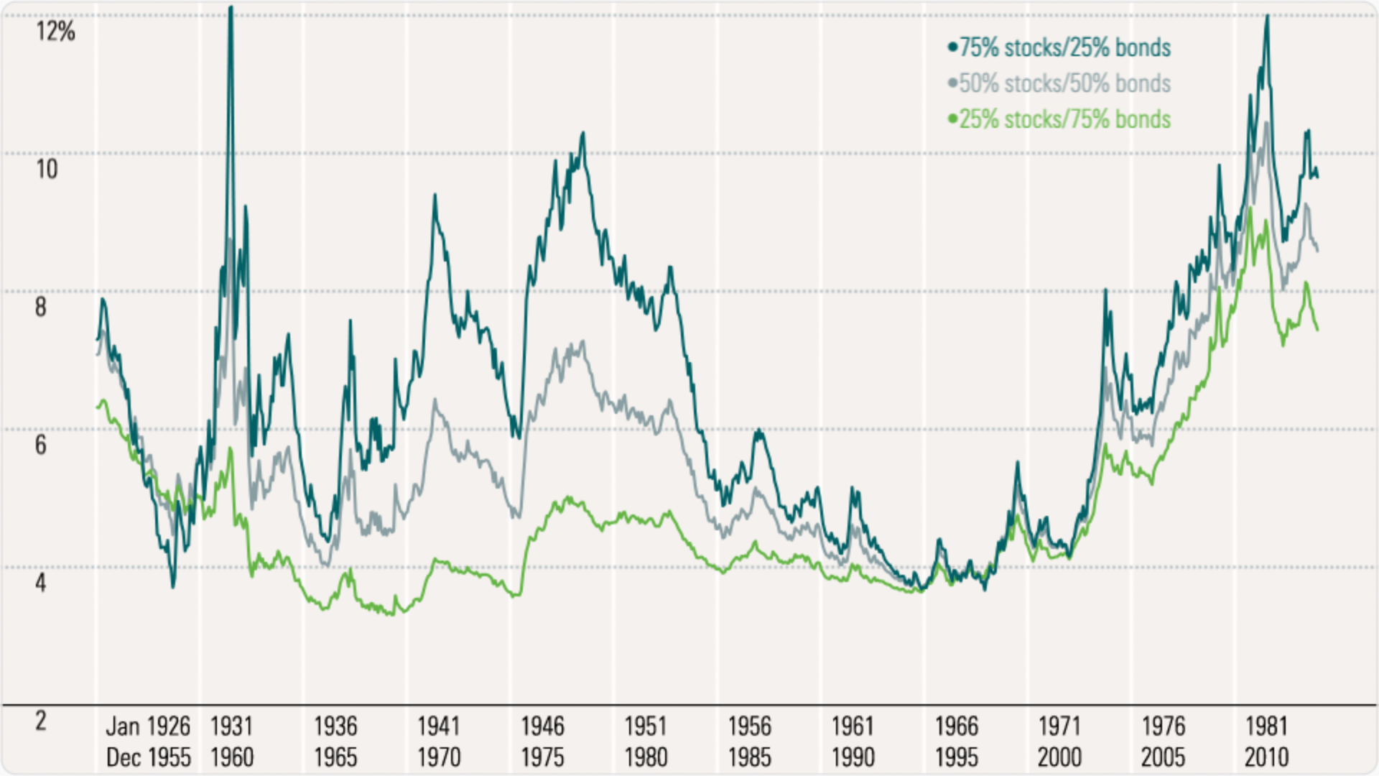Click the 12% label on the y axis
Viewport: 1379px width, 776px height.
(55, 32)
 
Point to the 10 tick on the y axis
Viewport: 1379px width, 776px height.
(47, 170)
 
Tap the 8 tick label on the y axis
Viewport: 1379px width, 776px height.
(41, 308)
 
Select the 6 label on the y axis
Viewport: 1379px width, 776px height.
(41, 445)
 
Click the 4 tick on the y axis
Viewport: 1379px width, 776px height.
(41, 583)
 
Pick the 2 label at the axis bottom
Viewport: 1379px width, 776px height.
(41, 721)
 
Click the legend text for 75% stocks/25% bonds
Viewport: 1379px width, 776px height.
(1065, 48)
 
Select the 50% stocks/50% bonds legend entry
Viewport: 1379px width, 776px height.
(1065, 84)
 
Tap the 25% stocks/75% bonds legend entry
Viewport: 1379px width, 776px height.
(1065, 119)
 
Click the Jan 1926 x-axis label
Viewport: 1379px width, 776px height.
(148, 726)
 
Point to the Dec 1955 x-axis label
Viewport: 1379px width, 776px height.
(148, 757)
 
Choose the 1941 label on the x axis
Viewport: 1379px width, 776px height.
(439, 726)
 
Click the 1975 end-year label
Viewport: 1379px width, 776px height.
(542, 757)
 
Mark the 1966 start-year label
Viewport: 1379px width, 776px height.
(956, 726)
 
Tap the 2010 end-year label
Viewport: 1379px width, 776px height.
(1266, 757)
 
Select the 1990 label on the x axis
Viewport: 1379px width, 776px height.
(853, 757)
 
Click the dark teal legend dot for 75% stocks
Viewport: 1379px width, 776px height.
(953, 48)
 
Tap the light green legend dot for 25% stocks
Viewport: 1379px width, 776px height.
(953, 119)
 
